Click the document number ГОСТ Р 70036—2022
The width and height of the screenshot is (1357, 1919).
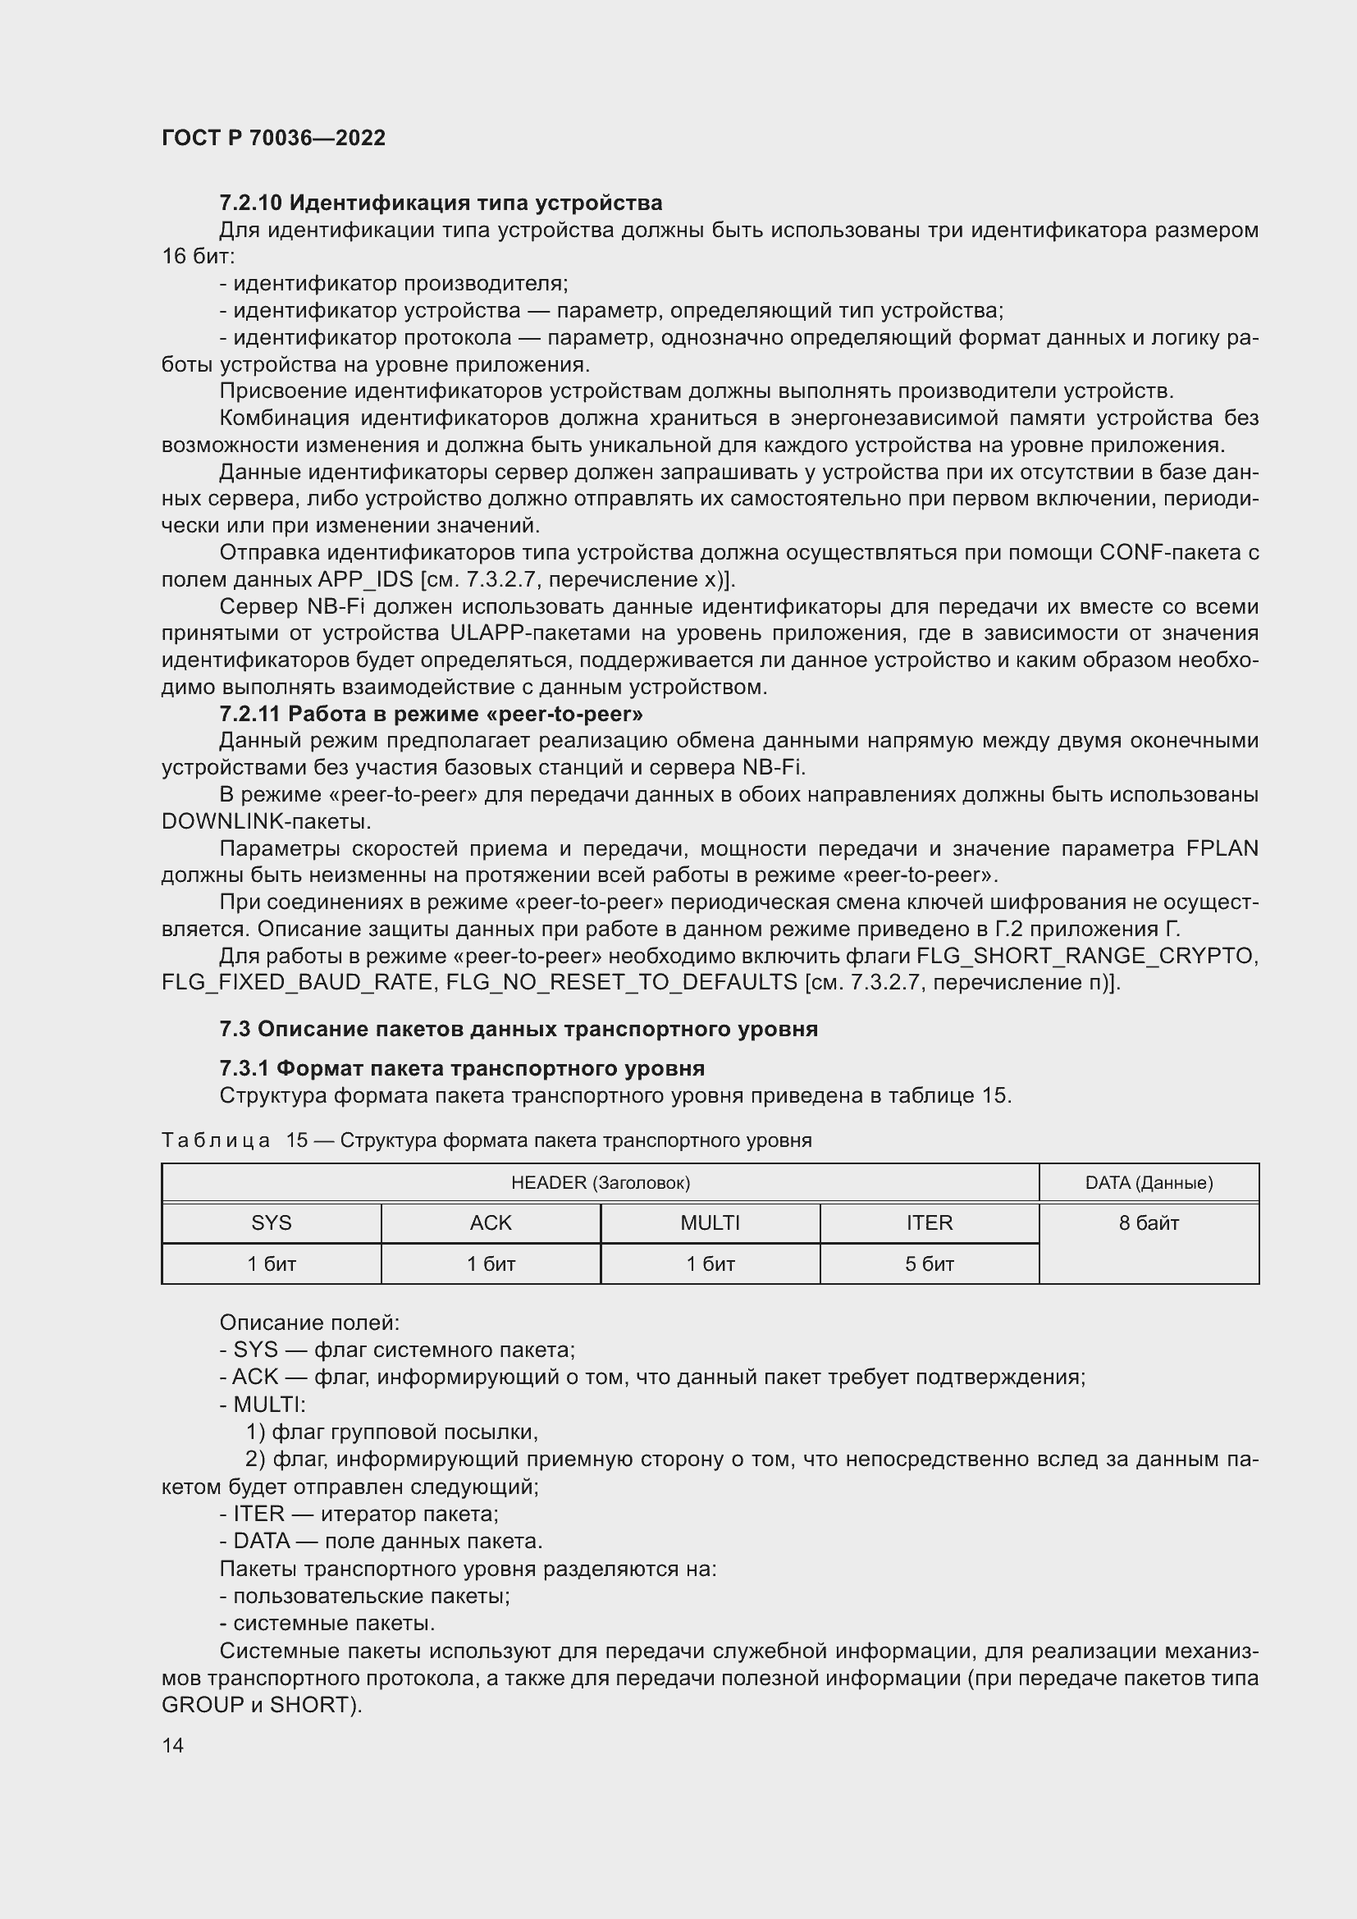[273, 138]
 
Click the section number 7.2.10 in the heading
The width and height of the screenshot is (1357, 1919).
[251, 203]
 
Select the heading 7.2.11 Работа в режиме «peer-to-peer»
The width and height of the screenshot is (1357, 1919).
[431, 714]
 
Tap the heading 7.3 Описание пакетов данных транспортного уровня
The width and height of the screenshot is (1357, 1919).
[518, 1029]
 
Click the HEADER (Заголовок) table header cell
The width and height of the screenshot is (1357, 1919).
[600, 1183]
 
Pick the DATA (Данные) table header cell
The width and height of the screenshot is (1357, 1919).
[1148, 1183]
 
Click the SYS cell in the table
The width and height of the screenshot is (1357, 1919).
[272, 1222]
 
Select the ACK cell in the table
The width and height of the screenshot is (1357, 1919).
[491, 1222]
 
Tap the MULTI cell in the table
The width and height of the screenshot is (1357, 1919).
[710, 1222]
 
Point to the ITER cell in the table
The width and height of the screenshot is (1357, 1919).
[930, 1222]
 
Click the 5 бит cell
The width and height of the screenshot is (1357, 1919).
[930, 1263]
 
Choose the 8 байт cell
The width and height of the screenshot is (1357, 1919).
[1148, 1223]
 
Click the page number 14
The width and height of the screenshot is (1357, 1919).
[172, 1745]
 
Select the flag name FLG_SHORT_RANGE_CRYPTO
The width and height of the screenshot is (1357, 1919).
[1087, 956]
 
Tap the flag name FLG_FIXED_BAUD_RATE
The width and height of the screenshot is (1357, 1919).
[298, 983]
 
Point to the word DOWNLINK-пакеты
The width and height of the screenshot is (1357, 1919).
[266, 821]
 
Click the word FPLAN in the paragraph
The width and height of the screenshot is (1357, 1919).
[1222, 848]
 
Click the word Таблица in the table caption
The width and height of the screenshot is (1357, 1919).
[216, 1141]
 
